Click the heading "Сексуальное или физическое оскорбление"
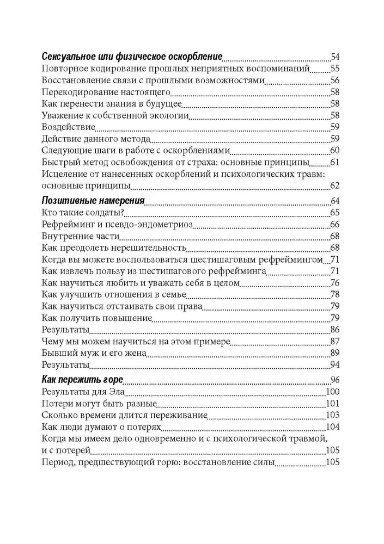(132, 57)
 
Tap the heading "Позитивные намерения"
(93, 201)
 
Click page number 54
(335, 57)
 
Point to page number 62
(335, 186)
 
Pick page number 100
(333, 392)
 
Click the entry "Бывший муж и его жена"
(94, 353)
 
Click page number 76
(335, 282)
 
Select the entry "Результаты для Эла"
(84, 392)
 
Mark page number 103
(333, 416)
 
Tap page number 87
(335, 341)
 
